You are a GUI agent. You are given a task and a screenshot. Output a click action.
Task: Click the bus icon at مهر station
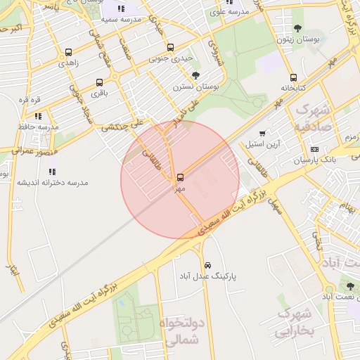click(181, 177)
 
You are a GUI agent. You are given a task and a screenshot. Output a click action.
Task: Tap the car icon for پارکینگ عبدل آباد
click(207, 265)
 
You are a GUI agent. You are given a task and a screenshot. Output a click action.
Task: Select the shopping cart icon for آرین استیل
click(262, 133)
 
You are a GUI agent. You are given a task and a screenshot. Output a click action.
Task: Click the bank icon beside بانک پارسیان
click(314, 149)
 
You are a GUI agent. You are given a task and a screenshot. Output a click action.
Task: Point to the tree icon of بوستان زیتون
click(297, 28)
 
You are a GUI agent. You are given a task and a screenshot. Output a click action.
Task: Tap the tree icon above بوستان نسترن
click(195, 75)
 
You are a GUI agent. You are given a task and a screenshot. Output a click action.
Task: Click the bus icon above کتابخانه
click(293, 78)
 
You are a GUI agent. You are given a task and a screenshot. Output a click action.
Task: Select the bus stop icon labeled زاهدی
click(68, 52)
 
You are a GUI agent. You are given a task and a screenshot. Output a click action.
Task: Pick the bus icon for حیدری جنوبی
click(171, 48)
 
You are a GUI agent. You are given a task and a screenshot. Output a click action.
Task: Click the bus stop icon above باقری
click(99, 82)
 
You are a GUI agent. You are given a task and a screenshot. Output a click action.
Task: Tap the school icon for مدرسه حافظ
click(38, 115)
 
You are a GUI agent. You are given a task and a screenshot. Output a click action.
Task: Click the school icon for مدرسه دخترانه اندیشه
click(52, 171)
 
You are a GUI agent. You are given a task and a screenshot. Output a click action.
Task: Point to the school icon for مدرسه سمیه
click(121, 8)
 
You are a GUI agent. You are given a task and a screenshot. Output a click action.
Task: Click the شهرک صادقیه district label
click(313, 117)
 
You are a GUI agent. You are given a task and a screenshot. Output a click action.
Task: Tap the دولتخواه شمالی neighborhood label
click(184, 332)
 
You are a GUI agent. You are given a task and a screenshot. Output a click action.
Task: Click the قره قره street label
click(29, 99)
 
